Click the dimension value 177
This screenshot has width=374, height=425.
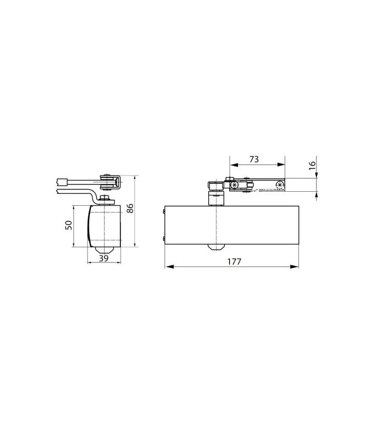pyautogui.click(x=234, y=261)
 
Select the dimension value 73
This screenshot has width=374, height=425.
pyautogui.click(x=254, y=159)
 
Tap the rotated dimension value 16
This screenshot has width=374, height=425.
pyautogui.click(x=312, y=165)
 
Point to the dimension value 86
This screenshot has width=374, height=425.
pyautogui.click(x=130, y=208)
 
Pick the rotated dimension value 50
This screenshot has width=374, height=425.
pyautogui.click(x=69, y=225)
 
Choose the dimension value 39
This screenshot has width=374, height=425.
pyautogui.click(x=103, y=258)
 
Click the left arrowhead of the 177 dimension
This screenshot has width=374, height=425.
pyautogui.click(x=169, y=267)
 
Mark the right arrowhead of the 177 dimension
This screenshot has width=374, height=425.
pyautogui.click(x=295, y=267)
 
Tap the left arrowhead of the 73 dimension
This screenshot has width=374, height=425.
pyautogui.click(x=234, y=165)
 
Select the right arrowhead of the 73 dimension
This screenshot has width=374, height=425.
pyautogui.click(x=281, y=165)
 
